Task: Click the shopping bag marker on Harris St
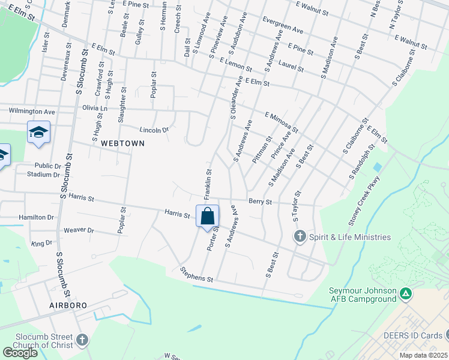click(207, 217)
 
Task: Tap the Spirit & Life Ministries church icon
click(300, 237)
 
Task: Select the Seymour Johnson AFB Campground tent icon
click(406, 294)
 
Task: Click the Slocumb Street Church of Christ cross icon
click(82, 341)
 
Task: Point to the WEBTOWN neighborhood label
click(123, 143)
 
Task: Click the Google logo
click(20, 353)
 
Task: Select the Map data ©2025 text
click(424, 355)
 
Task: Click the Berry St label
click(260, 202)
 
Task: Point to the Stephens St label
click(197, 275)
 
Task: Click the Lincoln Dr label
click(154, 129)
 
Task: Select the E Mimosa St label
click(282, 122)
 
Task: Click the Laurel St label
click(292, 65)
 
